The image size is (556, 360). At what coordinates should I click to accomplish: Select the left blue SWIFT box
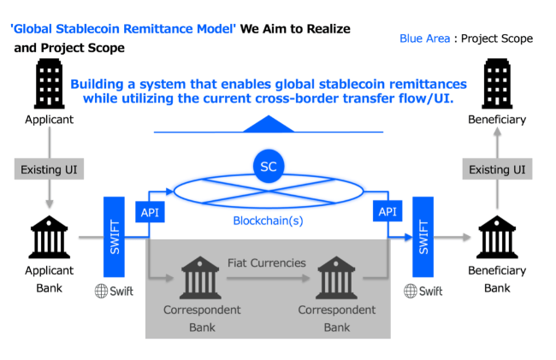[115, 236]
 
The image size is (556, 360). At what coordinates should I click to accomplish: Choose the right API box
[387, 210]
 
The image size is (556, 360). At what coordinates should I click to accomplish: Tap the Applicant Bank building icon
[49, 238]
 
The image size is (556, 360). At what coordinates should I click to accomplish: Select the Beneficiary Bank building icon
[497, 237]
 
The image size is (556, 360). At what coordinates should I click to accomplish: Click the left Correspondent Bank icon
[201, 277]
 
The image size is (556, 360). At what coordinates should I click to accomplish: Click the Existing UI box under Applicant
[49, 169]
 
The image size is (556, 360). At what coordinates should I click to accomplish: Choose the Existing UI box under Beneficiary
[496, 169]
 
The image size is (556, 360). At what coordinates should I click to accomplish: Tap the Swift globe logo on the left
[103, 291]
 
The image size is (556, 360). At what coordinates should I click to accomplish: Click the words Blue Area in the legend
[425, 38]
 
